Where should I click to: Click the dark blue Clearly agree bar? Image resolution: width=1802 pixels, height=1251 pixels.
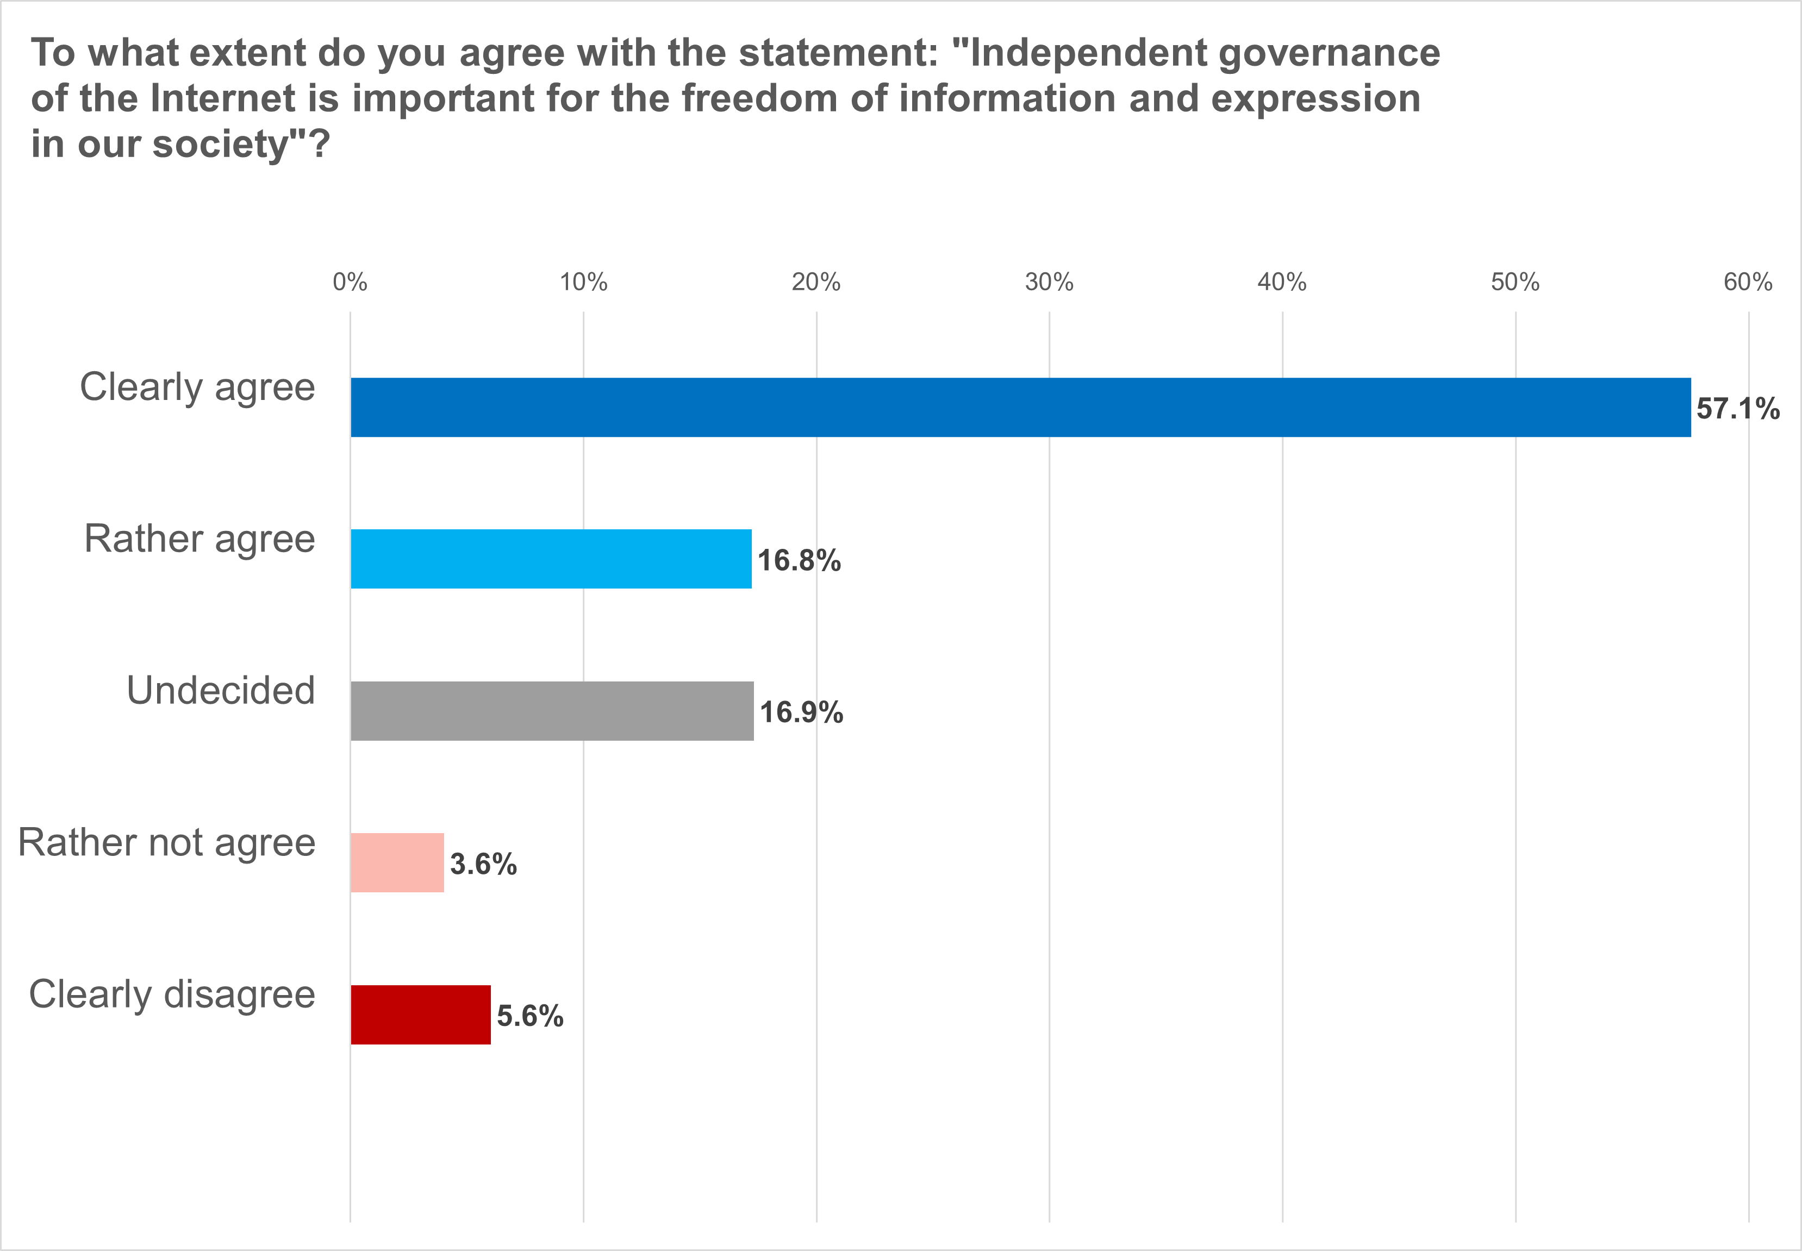pyautogui.click(x=1020, y=408)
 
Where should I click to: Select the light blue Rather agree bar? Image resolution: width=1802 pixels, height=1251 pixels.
pyautogui.click(x=551, y=559)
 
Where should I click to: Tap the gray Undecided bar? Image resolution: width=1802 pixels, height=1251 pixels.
pyautogui.click(x=552, y=711)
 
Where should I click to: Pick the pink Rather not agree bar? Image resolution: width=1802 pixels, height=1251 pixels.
pyautogui.click(x=397, y=862)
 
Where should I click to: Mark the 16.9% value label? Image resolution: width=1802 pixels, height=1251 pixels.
pyautogui.click(x=801, y=712)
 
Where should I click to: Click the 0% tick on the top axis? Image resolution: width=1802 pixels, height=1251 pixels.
pyautogui.click(x=350, y=282)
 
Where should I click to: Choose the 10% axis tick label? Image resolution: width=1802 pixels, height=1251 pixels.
pyautogui.click(x=583, y=282)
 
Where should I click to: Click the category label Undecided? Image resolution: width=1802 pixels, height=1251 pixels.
pyautogui.click(x=221, y=691)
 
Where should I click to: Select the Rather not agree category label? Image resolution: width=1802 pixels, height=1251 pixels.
pyautogui.click(x=167, y=843)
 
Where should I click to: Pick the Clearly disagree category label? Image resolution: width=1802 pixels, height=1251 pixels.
pyautogui.click(x=172, y=994)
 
